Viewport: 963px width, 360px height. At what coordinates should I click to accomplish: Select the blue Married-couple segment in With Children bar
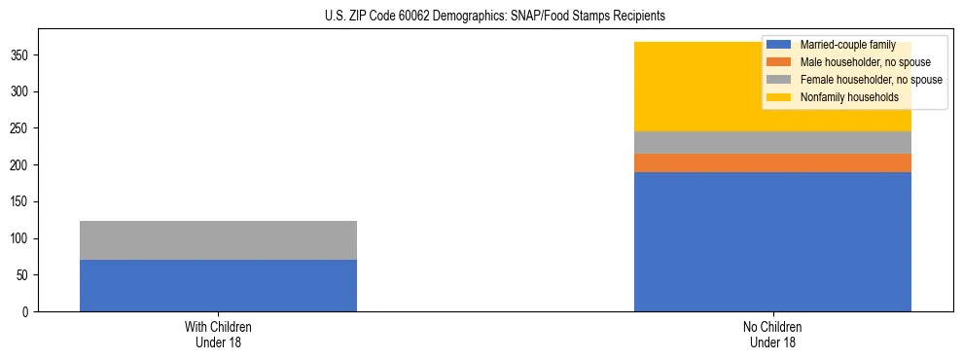point(218,285)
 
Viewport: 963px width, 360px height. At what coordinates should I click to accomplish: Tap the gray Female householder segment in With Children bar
point(218,240)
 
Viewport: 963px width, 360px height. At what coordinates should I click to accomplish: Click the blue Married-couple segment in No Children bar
point(772,241)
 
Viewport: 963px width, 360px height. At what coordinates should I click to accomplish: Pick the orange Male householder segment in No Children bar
point(772,163)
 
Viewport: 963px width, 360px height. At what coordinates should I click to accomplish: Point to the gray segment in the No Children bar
point(772,142)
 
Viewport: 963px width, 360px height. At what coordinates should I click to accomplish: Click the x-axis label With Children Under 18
point(218,334)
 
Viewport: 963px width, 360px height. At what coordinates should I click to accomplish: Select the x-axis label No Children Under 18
point(772,334)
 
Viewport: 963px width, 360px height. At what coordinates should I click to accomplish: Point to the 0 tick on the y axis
point(29,311)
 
